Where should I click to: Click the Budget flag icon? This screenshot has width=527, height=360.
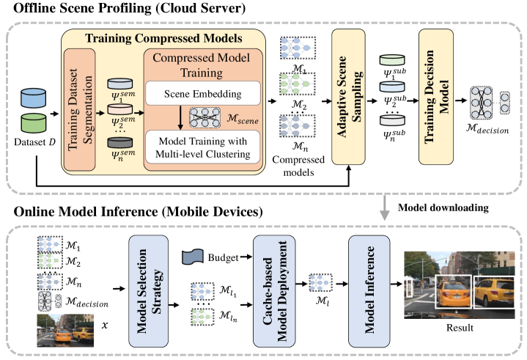pos(194,257)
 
